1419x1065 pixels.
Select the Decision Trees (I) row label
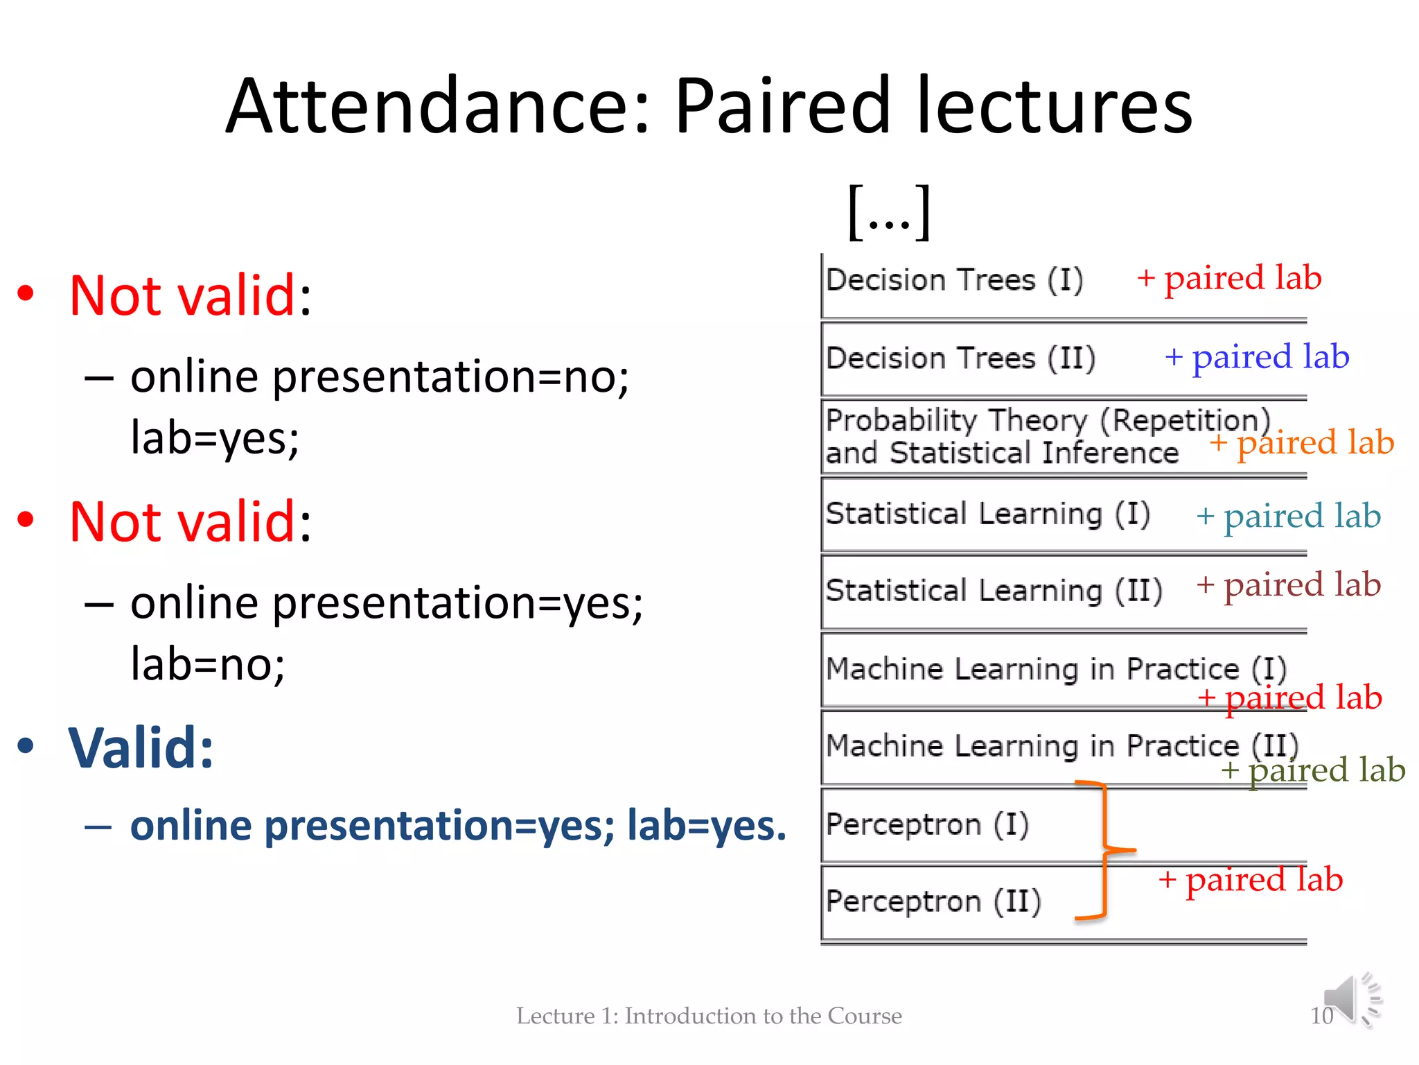(x=954, y=281)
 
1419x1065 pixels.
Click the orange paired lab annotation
(x=1302, y=443)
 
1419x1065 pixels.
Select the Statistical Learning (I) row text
(x=987, y=514)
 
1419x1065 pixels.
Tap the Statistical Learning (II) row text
(x=994, y=591)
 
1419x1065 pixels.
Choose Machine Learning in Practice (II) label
(x=1061, y=747)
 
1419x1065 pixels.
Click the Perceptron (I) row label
(x=927, y=825)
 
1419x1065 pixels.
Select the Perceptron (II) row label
(x=933, y=902)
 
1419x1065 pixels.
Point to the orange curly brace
(x=1104, y=850)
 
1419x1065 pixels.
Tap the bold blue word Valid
(x=141, y=749)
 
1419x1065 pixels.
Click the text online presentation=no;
(x=379, y=378)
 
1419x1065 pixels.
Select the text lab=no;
(x=208, y=664)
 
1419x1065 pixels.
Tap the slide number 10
(x=1321, y=1016)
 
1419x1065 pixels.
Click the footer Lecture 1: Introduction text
(x=708, y=1016)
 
